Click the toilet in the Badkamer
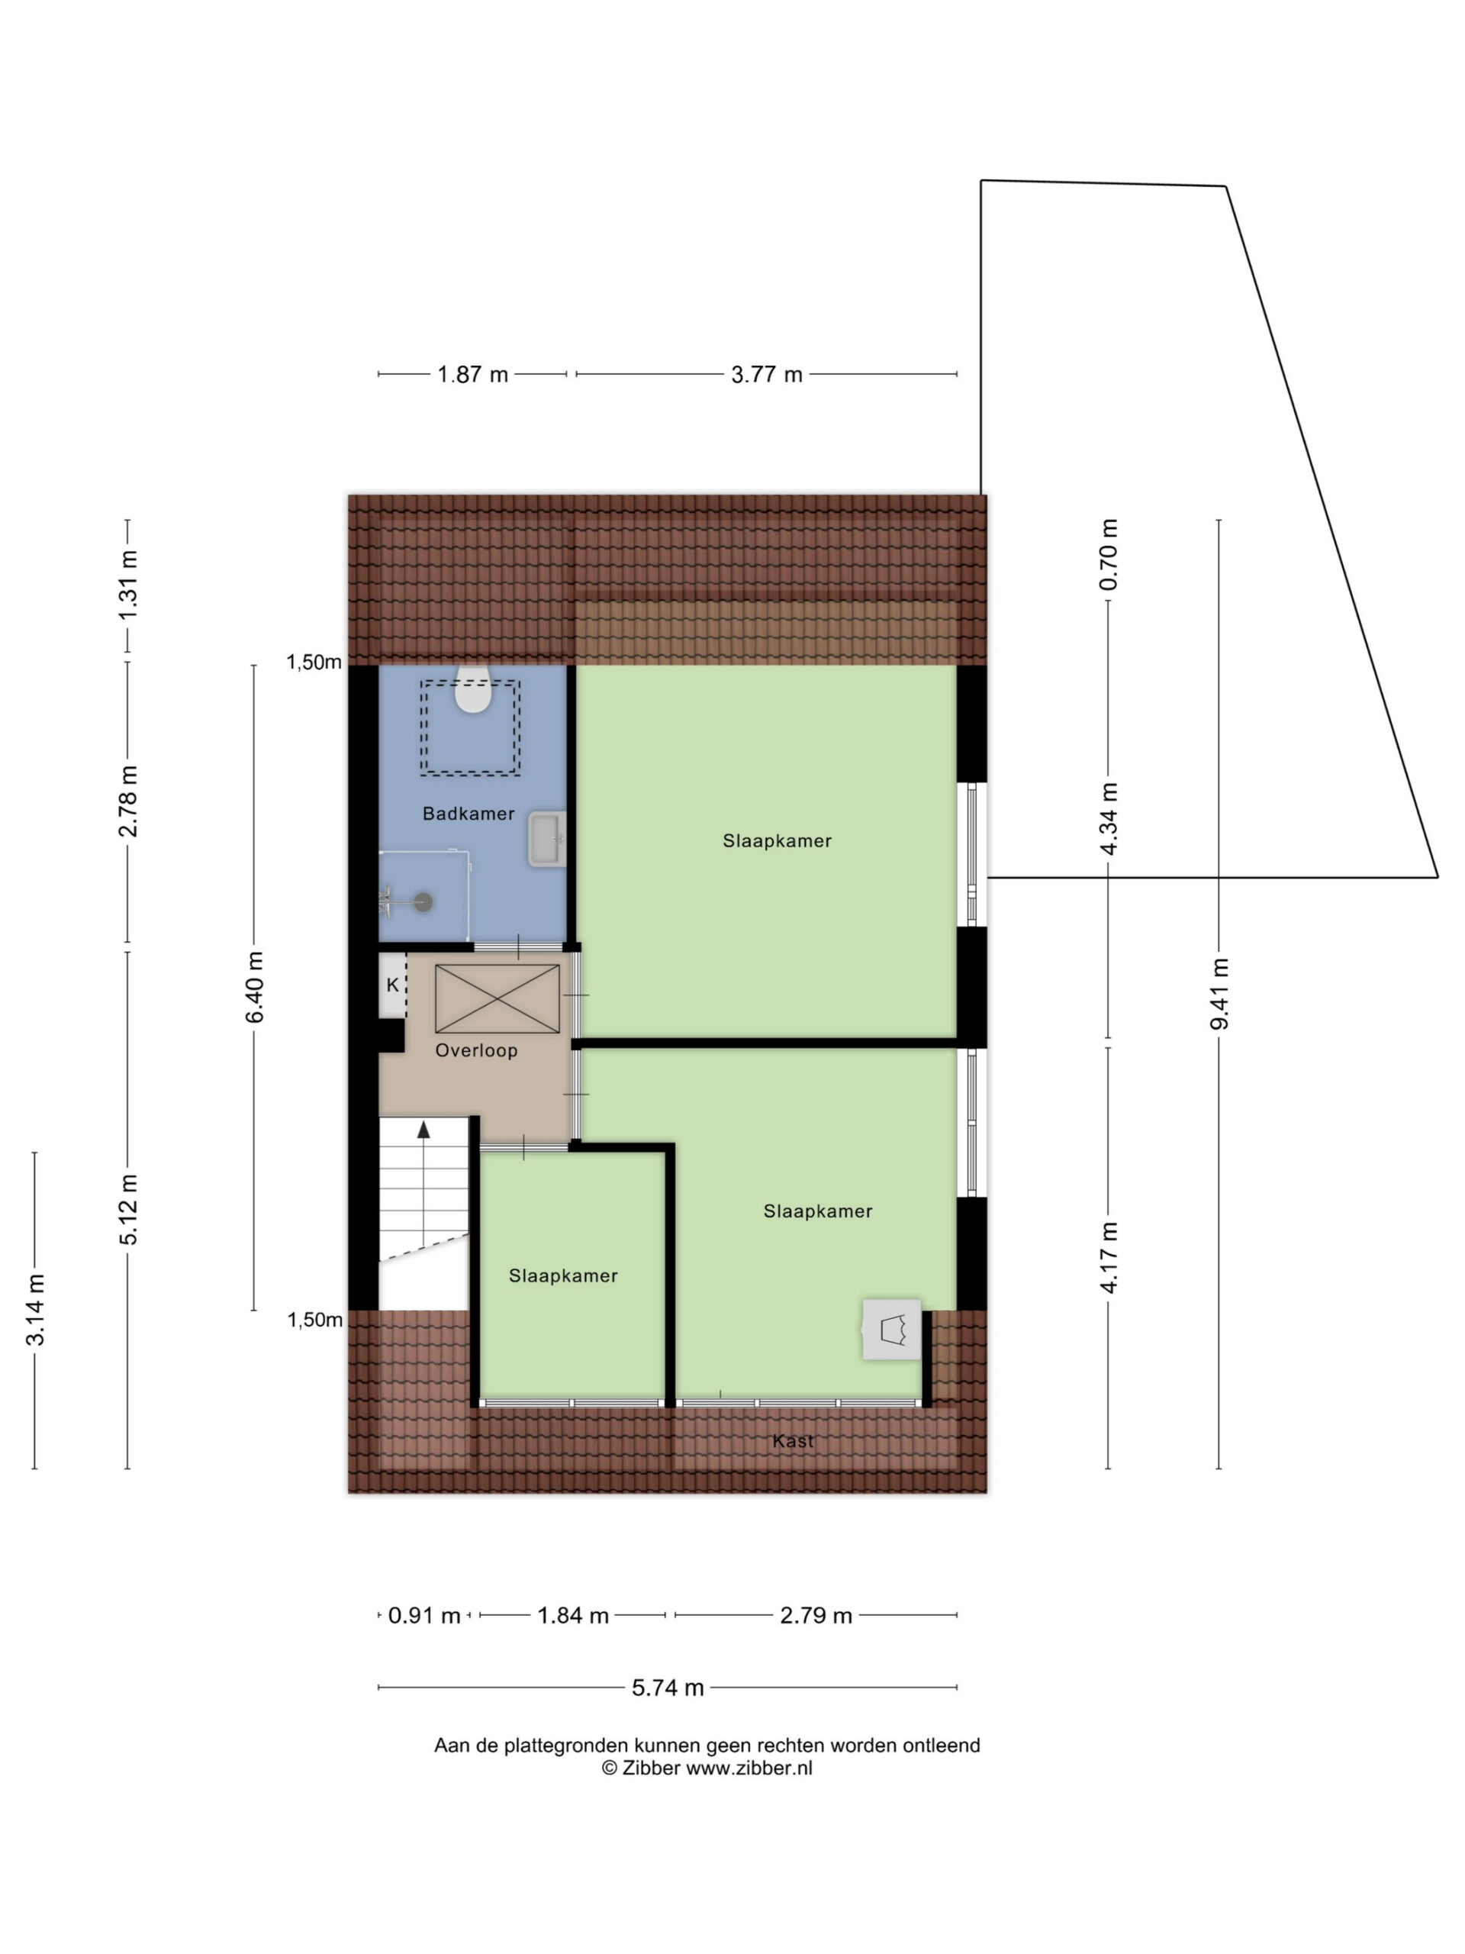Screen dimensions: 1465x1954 pos(472,689)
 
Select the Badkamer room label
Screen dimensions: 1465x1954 pos(468,814)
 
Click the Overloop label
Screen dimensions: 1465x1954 pos(476,1050)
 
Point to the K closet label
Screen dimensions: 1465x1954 pos(393,985)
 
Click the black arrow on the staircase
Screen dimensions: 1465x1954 pos(424,1129)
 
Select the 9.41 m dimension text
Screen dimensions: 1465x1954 pos(1219,994)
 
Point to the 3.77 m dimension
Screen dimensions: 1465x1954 pos(767,375)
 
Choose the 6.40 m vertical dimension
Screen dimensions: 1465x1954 pos(254,987)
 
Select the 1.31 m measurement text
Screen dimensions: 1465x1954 pos(128,585)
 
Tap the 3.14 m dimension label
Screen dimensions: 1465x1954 pos(35,1309)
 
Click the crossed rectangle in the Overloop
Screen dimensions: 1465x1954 pos(497,999)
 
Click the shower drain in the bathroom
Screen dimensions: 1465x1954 pos(425,902)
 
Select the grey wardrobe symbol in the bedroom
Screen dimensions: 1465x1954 pos(892,1329)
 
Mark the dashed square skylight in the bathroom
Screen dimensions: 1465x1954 pos(470,728)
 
